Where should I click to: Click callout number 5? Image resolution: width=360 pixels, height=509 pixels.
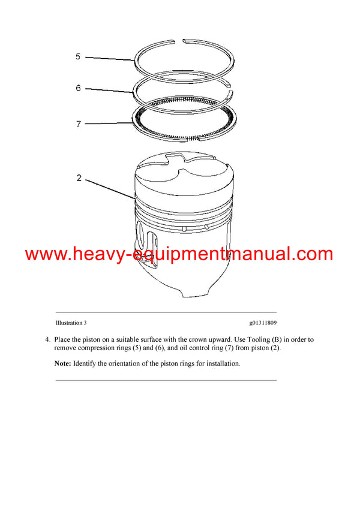coord(78,57)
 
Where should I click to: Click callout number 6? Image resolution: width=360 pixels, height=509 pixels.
coord(78,88)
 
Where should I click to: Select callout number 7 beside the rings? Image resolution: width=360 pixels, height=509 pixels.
coord(78,124)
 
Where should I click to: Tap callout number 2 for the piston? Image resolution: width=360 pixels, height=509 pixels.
coord(78,178)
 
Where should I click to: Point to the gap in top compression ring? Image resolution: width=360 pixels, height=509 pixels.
coord(183,41)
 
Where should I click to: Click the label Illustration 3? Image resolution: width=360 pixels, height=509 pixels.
coord(71,323)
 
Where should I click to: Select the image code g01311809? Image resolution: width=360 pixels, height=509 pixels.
coord(259,323)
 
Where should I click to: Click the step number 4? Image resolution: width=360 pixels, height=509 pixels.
coord(47,339)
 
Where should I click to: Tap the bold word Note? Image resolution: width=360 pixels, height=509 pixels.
coord(62,363)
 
